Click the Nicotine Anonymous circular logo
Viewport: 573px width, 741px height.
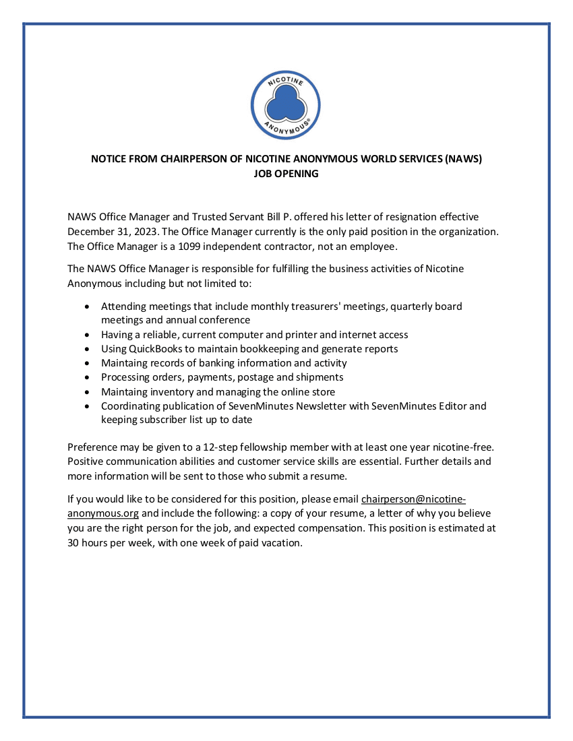point(286,105)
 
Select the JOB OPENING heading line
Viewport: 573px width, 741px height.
point(286,173)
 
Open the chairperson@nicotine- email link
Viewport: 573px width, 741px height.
point(413,499)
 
